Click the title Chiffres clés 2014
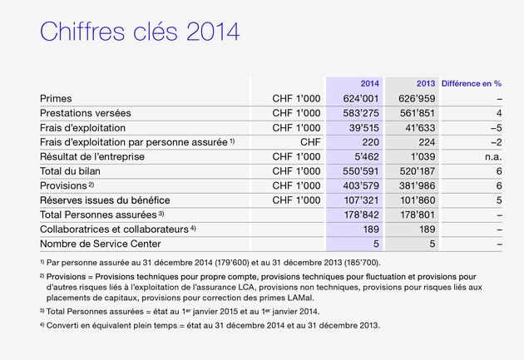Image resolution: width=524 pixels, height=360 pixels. tap(140, 32)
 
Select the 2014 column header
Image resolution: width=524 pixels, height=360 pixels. tap(369, 83)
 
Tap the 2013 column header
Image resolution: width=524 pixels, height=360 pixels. tap(426, 83)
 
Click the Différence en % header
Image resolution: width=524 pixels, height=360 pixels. tap(472, 83)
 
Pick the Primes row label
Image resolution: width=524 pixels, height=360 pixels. tap(56, 98)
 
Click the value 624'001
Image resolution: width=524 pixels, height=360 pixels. tap(361, 98)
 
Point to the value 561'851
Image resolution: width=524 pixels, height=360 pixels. tap(418, 113)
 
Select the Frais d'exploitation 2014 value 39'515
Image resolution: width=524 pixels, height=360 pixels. tap(364, 127)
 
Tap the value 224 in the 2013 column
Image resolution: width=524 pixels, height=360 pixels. tap(427, 142)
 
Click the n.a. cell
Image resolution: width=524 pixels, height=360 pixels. tap(493, 156)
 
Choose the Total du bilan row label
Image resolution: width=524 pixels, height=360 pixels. tap(70, 171)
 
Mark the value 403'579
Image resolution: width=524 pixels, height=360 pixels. tap(361, 185)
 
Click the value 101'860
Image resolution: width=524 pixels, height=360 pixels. tap(418, 200)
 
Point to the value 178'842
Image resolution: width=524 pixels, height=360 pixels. tap(362, 215)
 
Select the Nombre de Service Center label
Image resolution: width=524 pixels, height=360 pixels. tap(101, 244)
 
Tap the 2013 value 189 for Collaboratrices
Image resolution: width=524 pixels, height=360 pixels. tap(427, 229)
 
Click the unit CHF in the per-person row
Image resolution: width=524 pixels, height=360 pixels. tap(310, 142)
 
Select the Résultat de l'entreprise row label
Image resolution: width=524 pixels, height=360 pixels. tap(92, 156)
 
